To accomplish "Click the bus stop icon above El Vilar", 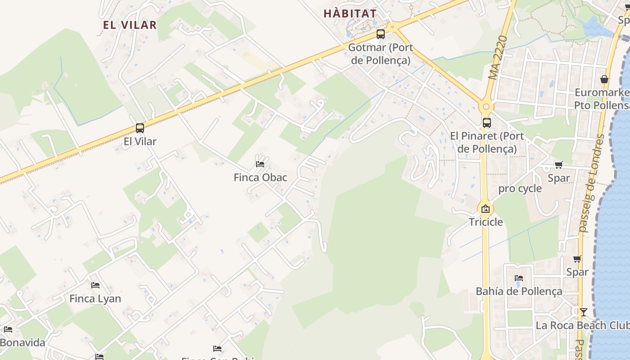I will point(139,128).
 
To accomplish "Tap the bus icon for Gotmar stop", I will point(381,34).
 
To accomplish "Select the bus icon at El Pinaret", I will point(486,122).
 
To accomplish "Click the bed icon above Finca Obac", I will point(260,164).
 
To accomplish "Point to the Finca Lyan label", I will point(95,298).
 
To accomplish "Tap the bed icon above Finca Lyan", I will point(95,285).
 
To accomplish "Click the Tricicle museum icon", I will point(485,209).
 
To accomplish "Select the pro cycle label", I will point(520,189).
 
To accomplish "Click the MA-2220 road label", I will point(499,58).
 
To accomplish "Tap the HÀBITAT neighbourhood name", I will point(350,13).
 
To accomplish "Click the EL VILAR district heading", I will point(130,25).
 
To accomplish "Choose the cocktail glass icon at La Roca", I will point(583,312).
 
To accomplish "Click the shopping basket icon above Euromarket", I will point(604,79).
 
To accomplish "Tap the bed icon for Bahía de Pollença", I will point(519,278).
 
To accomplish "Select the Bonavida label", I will point(22,343).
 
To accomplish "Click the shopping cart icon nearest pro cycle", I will point(558,165).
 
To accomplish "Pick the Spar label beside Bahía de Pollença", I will point(577,272).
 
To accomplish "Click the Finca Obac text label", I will point(260,177).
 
